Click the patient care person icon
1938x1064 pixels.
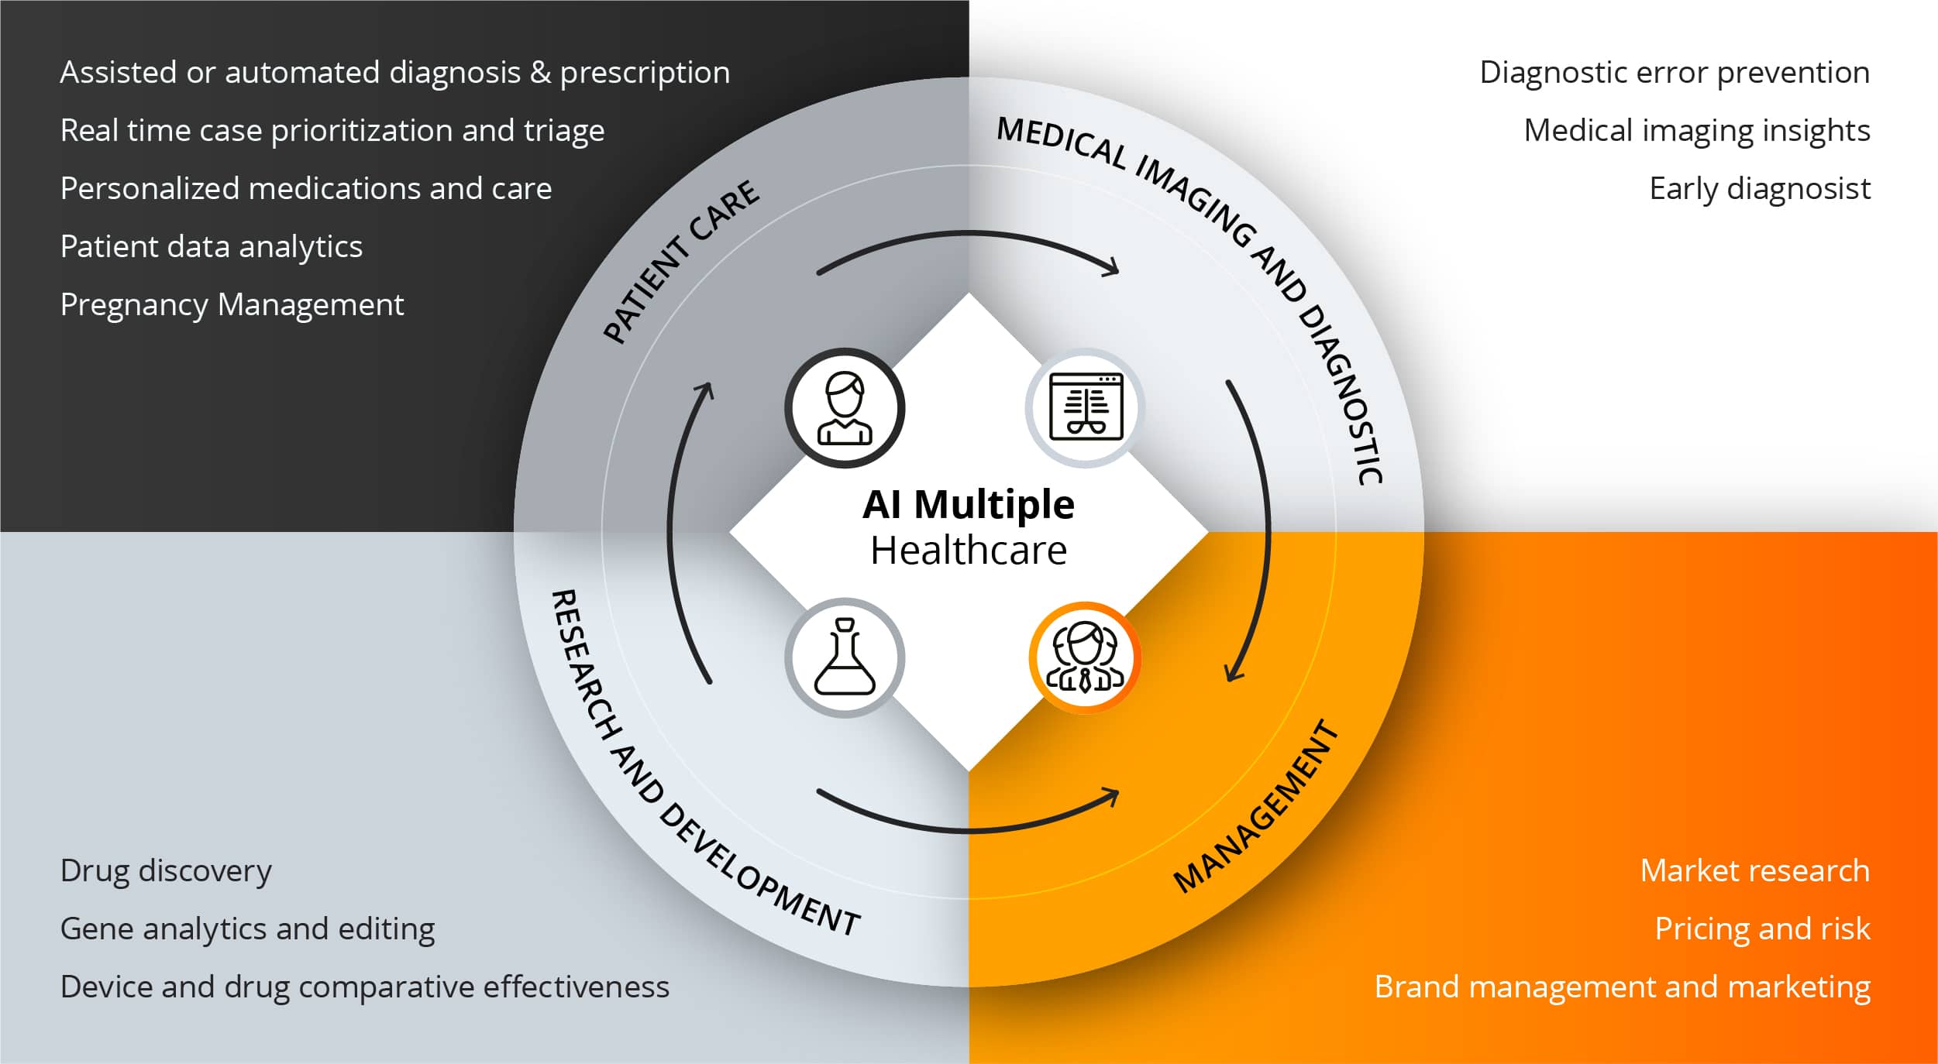[x=845, y=408]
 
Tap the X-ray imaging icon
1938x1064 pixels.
[x=1085, y=407]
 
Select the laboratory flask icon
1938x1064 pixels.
[x=845, y=657]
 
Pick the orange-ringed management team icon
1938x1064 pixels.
[x=1085, y=657]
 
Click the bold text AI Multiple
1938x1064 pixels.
[x=969, y=505]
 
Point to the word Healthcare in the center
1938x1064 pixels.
[x=969, y=551]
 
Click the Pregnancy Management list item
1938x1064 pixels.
[x=232, y=305]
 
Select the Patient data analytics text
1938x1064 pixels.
[x=211, y=247]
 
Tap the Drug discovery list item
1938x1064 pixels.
[x=166, y=871]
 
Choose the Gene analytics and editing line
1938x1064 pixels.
[x=247, y=929]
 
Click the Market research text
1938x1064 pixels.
[x=1754, y=871]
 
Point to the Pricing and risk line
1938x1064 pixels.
[x=1762, y=929]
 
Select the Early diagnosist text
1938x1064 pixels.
[x=1760, y=189]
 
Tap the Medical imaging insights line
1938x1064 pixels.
[x=1697, y=131]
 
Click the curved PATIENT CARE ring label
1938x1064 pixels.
[x=681, y=261]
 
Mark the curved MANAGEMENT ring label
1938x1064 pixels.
[x=1256, y=807]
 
